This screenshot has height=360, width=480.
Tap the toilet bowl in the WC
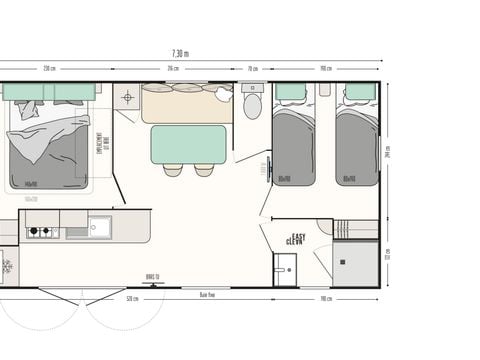tap(253, 105)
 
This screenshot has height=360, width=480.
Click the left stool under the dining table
tap(172, 170)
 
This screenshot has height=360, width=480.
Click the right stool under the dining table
tap(204, 170)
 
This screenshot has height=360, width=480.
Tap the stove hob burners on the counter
tap(41, 232)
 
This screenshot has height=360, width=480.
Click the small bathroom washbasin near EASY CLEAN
tap(287, 267)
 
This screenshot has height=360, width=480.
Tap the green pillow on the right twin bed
tap(356, 92)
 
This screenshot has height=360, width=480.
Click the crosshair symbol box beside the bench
tap(127, 98)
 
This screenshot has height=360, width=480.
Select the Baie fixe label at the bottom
tap(208, 296)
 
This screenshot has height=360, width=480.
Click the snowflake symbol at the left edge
tap(6, 266)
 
